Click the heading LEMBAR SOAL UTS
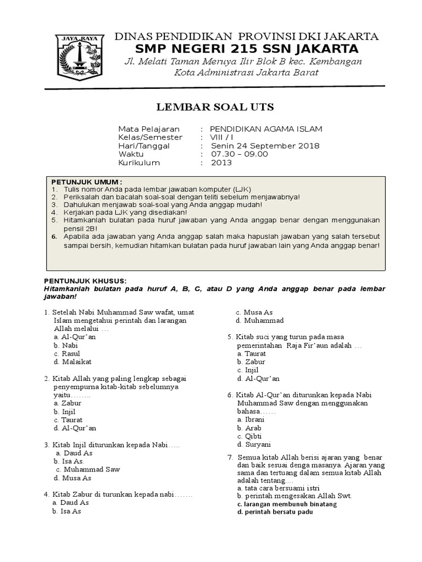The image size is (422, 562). tap(211, 106)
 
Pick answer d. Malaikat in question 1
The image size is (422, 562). tap(73, 362)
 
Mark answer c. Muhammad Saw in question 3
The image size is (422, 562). tap(88, 469)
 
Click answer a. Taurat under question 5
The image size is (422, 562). tap(251, 354)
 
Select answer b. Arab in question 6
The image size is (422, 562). tap(249, 428)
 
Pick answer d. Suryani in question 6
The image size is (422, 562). tap(254, 444)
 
